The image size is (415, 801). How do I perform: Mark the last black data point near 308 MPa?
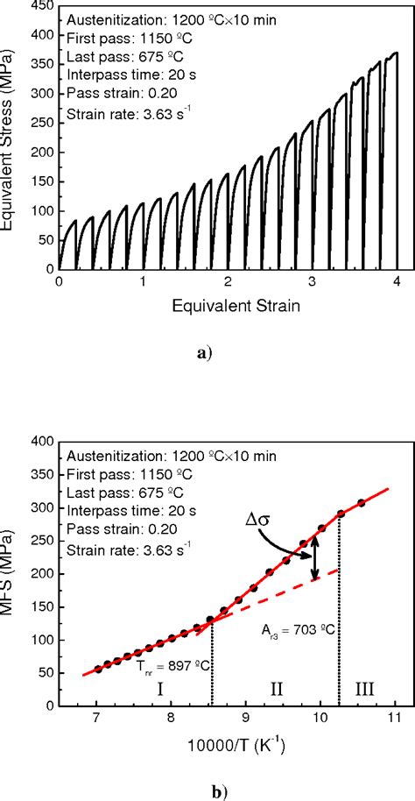point(361,502)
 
